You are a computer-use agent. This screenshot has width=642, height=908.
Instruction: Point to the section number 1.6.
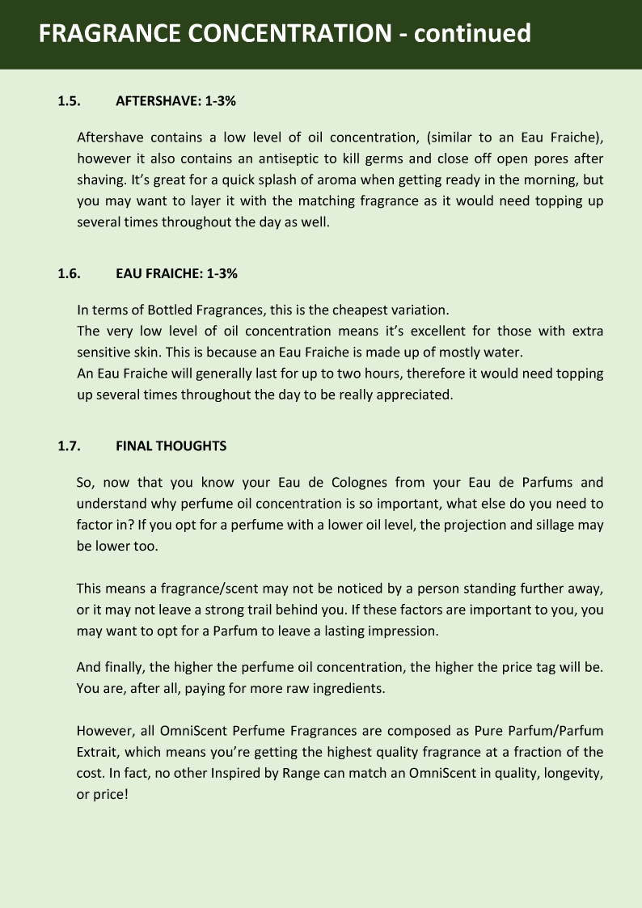click(x=68, y=273)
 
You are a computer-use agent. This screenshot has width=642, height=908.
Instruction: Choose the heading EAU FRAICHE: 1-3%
click(x=176, y=273)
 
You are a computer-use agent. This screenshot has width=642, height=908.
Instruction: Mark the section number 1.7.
click(x=68, y=446)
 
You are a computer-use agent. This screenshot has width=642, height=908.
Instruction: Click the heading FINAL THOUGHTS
click(x=171, y=446)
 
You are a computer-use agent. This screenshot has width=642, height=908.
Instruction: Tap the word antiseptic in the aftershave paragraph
click(x=307, y=158)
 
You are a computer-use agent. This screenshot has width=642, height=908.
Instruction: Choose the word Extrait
click(x=98, y=752)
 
